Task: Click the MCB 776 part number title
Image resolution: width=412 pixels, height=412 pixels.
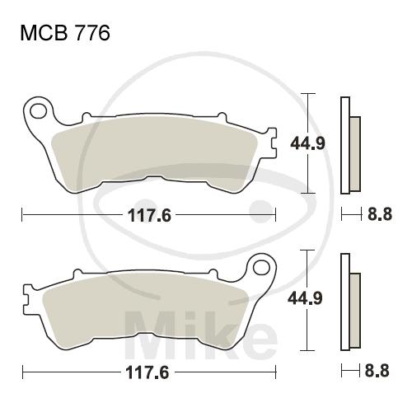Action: click(65, 33)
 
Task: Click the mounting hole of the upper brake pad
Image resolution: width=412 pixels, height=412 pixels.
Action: click(38, 111)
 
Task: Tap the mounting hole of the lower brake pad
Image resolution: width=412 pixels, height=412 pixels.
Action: click(261, 268)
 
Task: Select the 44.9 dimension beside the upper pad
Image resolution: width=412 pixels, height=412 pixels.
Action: click(307, 143)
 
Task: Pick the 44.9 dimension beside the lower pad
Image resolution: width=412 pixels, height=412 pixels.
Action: click(305, 298)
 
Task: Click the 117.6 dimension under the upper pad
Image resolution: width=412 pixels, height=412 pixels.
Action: click(150, 215)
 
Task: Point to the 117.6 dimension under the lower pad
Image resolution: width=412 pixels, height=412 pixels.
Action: click(147, 372)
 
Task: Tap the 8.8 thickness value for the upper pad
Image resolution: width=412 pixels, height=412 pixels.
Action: click(380, 214)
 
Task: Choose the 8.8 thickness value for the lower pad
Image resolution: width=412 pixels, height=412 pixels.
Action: click(377, 371)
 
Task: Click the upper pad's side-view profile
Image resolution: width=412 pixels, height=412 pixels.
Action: click(350, 146)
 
